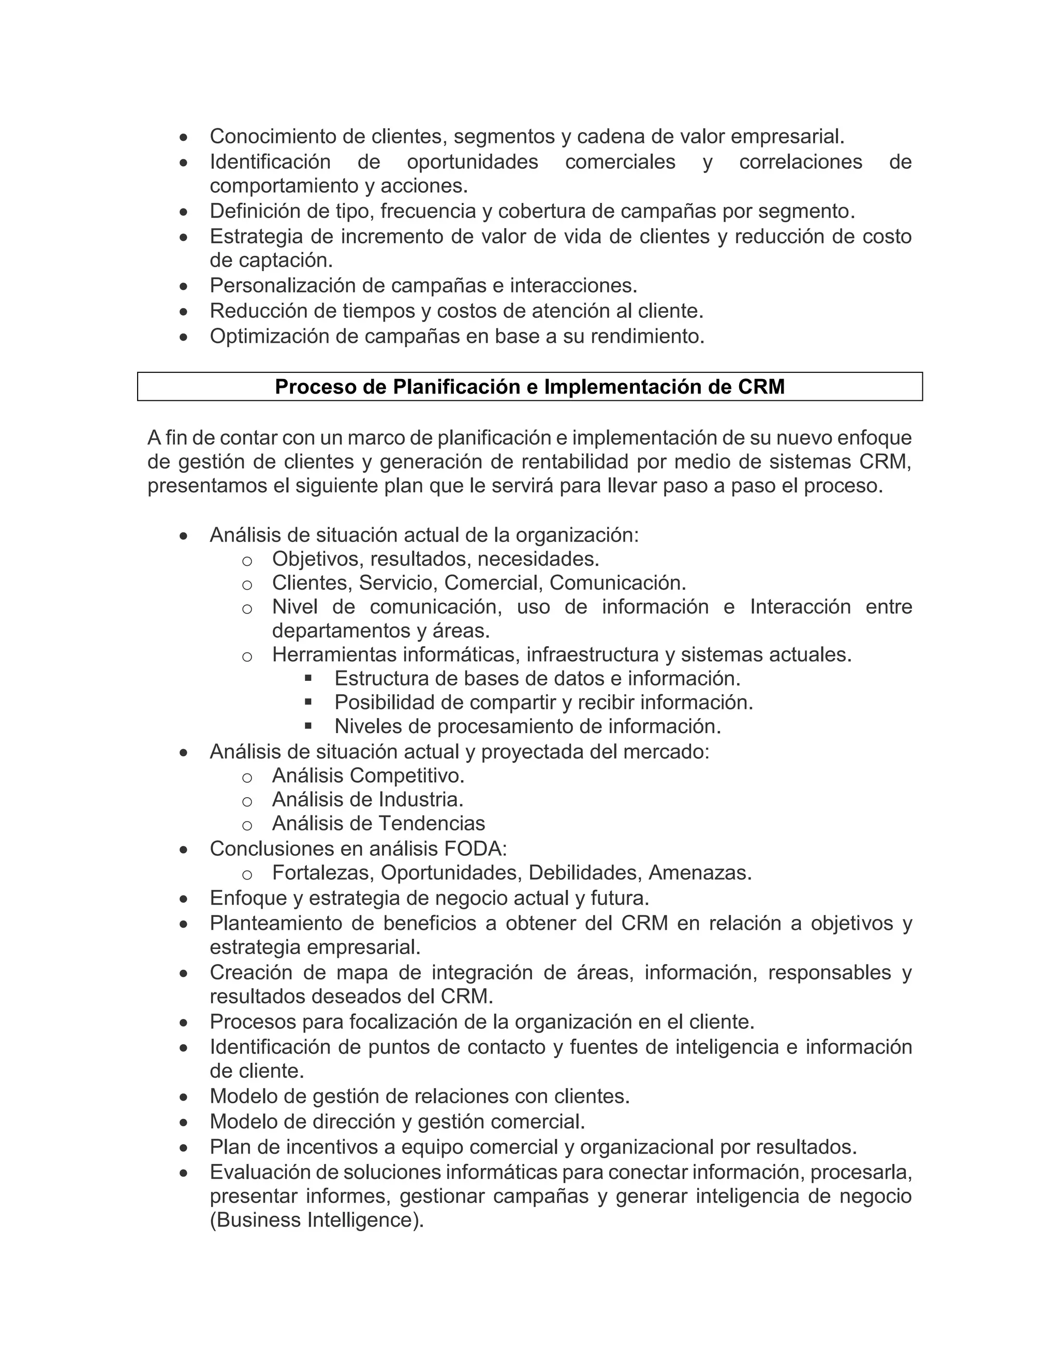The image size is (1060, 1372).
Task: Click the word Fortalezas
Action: (x=323, y=872)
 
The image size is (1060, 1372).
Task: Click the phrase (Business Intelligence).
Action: (x=316, y=1220)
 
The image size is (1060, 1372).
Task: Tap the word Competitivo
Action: (x=406, y=776)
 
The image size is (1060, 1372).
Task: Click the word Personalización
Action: (x=282, y=286)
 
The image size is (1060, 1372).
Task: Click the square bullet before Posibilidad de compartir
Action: (x=308, y=701)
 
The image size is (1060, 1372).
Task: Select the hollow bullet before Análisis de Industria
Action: (x=247, y=801)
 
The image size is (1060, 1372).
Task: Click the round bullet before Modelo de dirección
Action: (x=183, y=1122)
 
